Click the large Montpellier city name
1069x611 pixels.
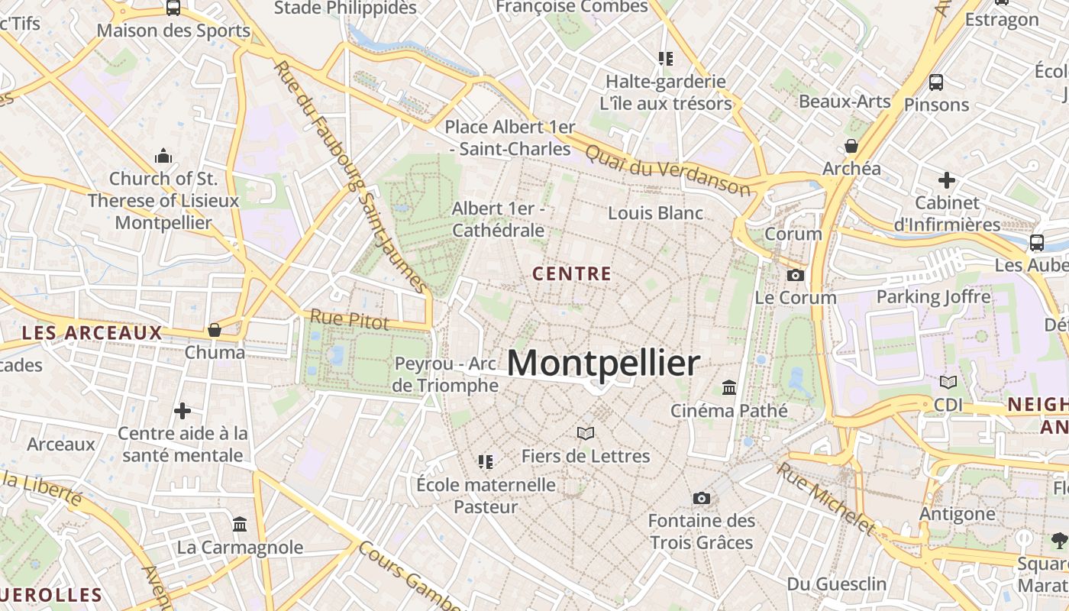tap(603, 364)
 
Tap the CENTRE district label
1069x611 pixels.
tap(572, 273)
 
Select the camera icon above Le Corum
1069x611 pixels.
tap(796, 275)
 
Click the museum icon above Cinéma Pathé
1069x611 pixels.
tap(729, 388)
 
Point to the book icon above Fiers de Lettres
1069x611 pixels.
tap(586, 434)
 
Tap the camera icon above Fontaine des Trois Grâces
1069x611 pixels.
tap(701, 499)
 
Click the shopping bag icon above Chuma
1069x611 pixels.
tap(215, 330)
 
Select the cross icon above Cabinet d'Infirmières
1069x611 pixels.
tap(947, 181)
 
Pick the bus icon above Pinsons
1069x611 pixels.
tap(936, 82)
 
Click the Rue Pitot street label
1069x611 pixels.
tap(349, 319)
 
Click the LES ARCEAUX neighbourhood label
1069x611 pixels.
tap(92, 333)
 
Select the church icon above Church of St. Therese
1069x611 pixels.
tap(163, 157)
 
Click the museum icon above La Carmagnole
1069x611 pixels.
tap(240, 525)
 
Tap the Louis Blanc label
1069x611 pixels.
tap(655, 213)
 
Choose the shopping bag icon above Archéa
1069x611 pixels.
tap(851, 146)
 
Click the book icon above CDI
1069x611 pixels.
tap(948, 382)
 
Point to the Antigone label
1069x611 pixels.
tap(958, 514)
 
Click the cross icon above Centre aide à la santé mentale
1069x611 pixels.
tap(182, 411)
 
